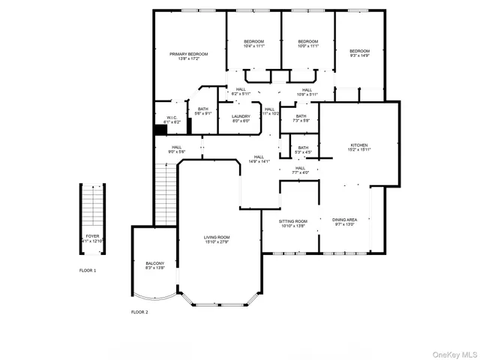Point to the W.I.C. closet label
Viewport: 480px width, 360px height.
click(x=171, y=118)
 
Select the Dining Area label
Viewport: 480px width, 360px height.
click(x=344, y=222)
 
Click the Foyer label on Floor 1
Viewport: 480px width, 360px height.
click(x=91, y=238)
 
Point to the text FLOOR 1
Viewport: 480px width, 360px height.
click(x=88, y=270)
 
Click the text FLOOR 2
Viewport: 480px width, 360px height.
click(x=139, y=312)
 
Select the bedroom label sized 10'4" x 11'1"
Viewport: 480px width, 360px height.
click(x=253, y=43)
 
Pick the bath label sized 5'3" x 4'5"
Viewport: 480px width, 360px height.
click(x=303, y=150)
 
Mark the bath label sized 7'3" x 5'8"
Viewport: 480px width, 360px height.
click(x=301, y=118)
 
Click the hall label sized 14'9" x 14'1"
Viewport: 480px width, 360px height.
click(x=258, y=158)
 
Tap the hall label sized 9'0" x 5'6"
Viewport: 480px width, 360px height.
click(x=177, y=149)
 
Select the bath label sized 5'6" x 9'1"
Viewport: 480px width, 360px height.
click(x=202, y=111)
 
